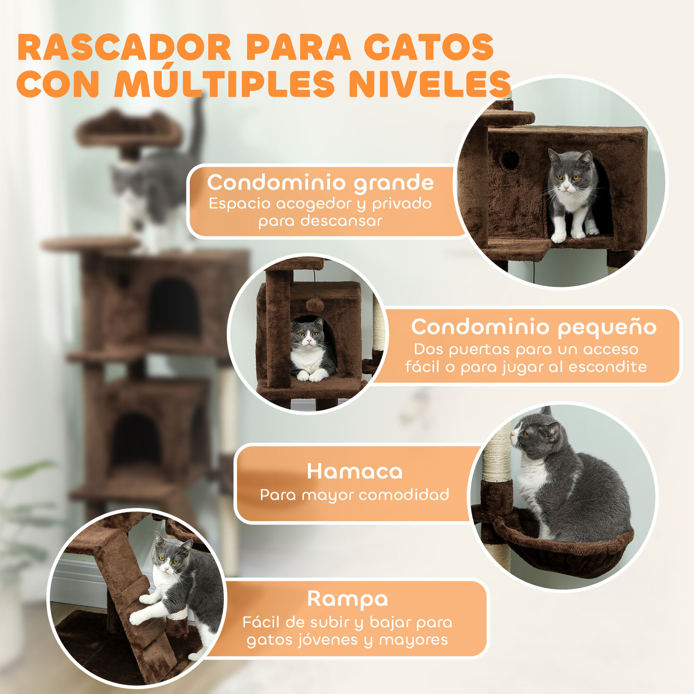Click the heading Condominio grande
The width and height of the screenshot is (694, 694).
(320, 183)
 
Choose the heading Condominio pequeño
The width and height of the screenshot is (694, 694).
(534, 327)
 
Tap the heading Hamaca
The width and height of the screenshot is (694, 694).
(355, 471)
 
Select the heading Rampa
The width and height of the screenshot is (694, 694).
(347, 599)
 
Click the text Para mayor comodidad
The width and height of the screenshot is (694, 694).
(355, 495)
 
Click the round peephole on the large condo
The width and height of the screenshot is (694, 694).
(510, 159)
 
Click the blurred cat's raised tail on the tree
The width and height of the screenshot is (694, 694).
(197, 126)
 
